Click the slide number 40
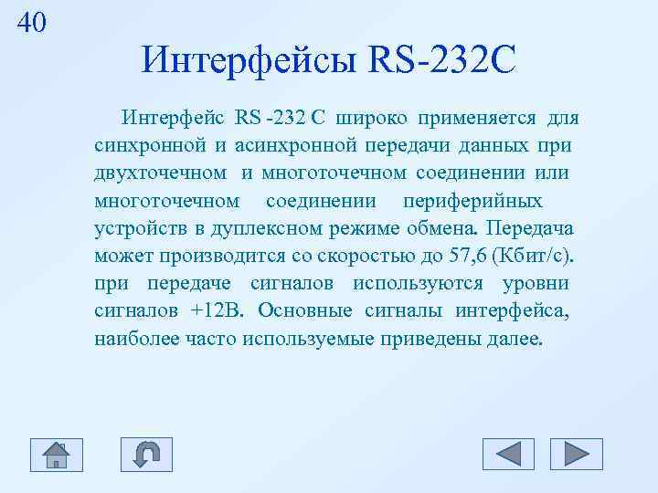pos(31,23)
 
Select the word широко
pos(372,118)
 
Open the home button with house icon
pos(56,454)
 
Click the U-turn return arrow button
pos(146,454)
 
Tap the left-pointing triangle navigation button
pos(508,454)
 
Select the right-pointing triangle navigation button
pos(577,454)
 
